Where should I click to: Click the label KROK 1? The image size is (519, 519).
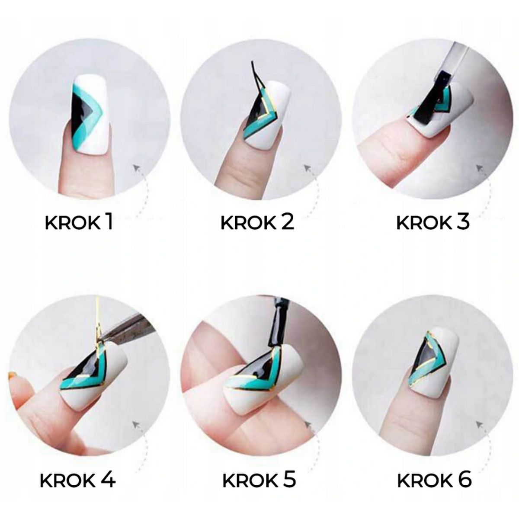point(78,222)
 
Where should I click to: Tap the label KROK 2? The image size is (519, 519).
point(257,222)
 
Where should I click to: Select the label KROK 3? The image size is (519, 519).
point(433,222)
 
